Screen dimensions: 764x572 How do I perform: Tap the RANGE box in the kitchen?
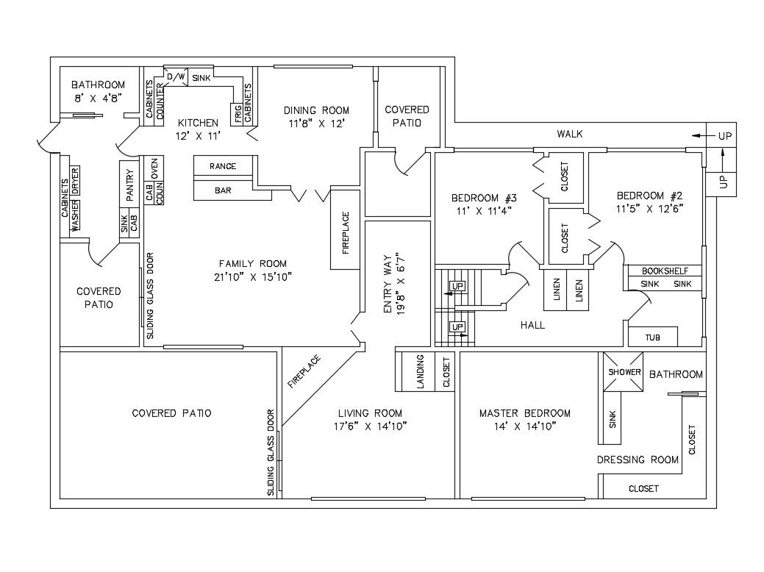coord(223,166)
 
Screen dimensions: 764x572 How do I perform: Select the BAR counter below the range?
coord(223,190)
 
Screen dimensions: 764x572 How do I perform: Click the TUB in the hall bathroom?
coord(652,337)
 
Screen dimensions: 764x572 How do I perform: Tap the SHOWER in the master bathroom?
coord(624,372)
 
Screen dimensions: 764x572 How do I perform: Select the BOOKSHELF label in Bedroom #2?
coord(664,270)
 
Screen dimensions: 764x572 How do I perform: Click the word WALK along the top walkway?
coord(569,134)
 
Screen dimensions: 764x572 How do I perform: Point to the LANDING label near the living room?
coord(421,372)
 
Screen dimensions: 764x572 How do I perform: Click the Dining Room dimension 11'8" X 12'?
coord(316,124)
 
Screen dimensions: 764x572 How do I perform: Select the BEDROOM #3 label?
coord(484,198)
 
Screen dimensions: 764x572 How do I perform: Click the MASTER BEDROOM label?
coord(524,412)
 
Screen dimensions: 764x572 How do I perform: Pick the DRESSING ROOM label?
coord(637,460)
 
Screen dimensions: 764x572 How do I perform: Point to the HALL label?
coord(532,324)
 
